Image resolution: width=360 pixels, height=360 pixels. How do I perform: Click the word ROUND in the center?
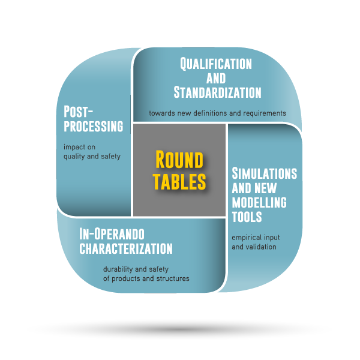[x=179, y=160]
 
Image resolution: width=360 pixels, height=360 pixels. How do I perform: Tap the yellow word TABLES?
[x=179, y=181]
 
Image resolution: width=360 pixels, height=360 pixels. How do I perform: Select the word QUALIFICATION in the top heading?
[x=217, y=64]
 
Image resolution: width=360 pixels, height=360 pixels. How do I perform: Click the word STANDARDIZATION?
[x=217, y=92]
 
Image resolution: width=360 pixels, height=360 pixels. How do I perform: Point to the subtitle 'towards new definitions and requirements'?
[x=217, y=113]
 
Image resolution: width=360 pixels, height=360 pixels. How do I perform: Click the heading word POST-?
[x=79, y=112]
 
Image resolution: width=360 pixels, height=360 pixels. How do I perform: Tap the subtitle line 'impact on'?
[x=79, y=147]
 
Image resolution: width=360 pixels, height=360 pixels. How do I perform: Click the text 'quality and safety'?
[x=92, y=157]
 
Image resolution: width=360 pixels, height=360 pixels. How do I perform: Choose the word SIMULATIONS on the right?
[x=264, y=173]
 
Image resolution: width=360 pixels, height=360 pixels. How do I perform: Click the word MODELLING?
[x=259, y=202]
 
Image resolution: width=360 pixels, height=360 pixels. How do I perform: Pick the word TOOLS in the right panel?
[x=247, y=216]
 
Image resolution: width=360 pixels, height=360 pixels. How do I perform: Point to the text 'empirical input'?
[x=256, y=237]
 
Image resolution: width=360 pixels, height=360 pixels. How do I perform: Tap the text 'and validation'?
[x=254, y=247]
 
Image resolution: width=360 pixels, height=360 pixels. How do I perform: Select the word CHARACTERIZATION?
[x=126, y=248]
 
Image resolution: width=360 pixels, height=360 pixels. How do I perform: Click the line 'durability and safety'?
[x=137, y=269]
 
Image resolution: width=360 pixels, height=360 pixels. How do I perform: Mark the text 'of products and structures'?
[x=146, y=278]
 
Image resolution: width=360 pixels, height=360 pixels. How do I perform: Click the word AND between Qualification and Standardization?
[x=217, y=78]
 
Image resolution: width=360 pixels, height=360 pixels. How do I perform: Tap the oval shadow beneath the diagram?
[x=180, y=329]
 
